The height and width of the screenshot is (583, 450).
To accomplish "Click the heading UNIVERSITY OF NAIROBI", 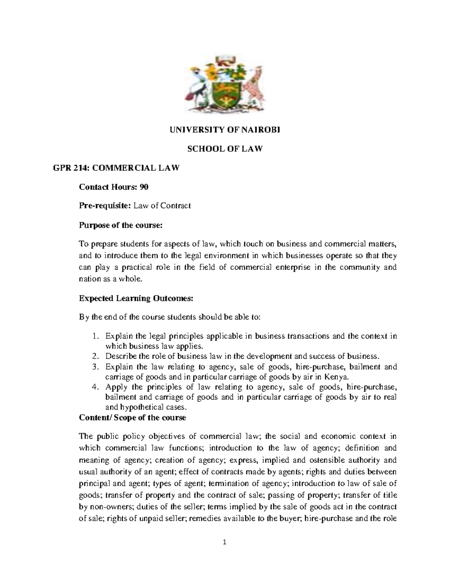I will point(225,130).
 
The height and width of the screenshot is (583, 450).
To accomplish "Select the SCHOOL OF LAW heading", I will point(225,149).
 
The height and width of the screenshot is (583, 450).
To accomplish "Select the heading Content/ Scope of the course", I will point(132,417).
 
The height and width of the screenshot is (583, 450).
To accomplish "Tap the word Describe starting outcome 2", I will point(121,356).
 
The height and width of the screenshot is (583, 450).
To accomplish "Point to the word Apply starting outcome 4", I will point(115,387).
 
